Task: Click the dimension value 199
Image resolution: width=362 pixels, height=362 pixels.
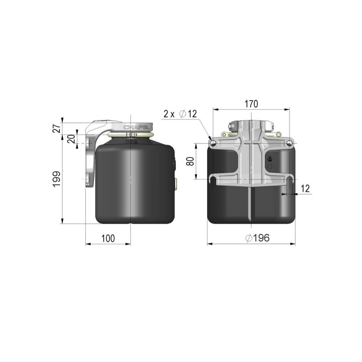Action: tap(56, 179)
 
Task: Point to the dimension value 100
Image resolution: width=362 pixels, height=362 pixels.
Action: tap(108, 238)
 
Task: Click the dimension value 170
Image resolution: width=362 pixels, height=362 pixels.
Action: tap(251, 104)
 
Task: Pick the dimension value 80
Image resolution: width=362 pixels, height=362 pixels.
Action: tap(190, 161)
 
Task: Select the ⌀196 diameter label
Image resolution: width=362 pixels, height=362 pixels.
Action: tap(257, 238)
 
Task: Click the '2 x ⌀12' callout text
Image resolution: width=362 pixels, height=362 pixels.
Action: tap(180, 114)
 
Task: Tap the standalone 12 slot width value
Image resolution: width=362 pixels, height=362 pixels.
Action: tap(305, 188)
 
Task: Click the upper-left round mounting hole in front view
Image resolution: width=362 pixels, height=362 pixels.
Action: tap(213, 144)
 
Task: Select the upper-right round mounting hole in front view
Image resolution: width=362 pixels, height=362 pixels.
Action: tap(289, 144)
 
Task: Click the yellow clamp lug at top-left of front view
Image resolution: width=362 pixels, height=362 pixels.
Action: tap(225, 135)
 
